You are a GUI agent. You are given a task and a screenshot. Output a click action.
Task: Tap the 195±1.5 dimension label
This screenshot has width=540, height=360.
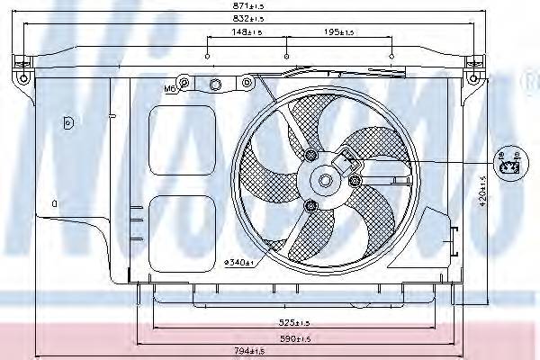point(339,32)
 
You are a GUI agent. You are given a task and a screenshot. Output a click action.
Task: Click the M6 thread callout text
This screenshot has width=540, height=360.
point(169,88)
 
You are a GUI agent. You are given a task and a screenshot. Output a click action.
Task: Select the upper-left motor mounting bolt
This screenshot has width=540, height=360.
point(311,157)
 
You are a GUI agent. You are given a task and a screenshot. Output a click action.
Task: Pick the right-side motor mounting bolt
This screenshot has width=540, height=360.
point(355,183)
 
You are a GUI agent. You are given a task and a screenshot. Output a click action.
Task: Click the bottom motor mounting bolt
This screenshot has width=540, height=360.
point(311,208)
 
